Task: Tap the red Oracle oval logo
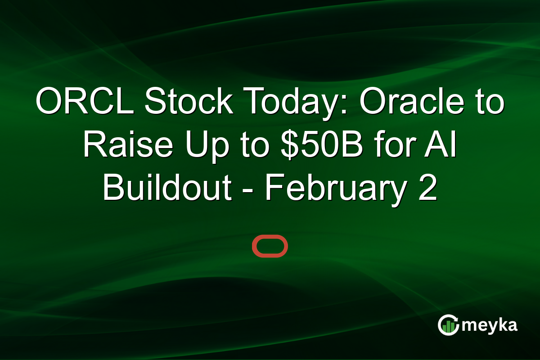click(270, 246)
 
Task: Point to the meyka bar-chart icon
click(448, 325)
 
